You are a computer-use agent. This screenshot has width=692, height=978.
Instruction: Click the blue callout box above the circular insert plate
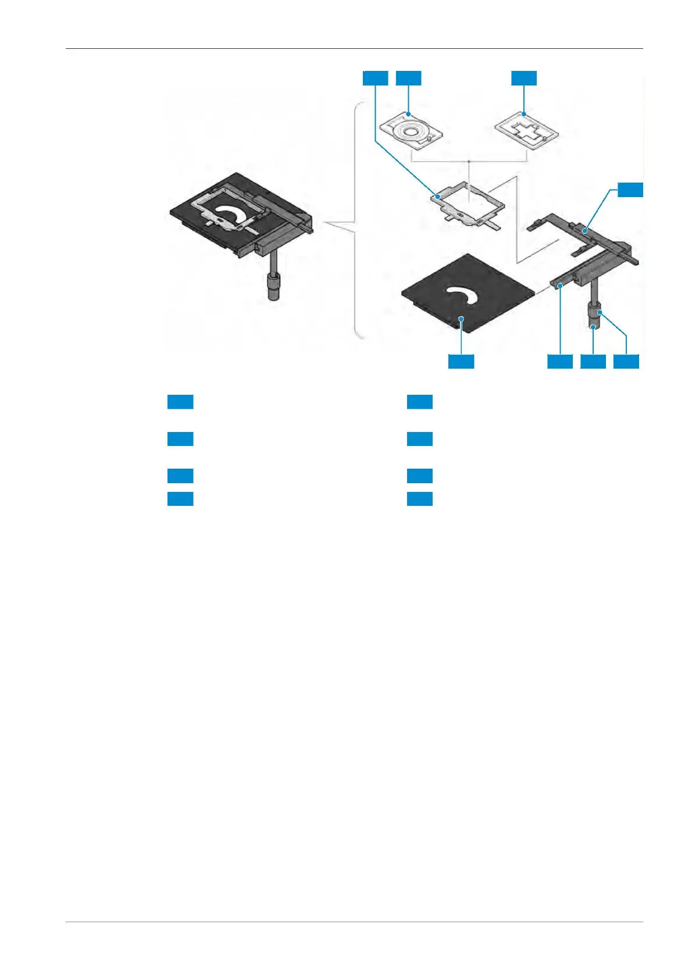click(x=408, y=77)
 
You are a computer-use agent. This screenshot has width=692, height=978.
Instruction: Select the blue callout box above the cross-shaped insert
click(x=524, y=77)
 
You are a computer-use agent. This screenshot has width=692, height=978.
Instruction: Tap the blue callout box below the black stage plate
click(x=461, y=361)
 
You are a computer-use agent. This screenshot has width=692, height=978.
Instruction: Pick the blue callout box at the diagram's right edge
click(x=630, y=190)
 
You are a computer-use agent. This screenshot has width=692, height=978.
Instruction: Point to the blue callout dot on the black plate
click(x=461, y=318)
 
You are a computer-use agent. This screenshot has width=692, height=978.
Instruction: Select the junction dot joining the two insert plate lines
click(x=469, y=160)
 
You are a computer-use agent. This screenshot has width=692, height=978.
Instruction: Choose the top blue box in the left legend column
click(x=180, y=402)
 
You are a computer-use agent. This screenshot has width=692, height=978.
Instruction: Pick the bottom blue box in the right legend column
click(x=419, y=498)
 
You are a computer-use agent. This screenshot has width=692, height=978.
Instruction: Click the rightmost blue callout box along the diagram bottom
click(x=626, y=361)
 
